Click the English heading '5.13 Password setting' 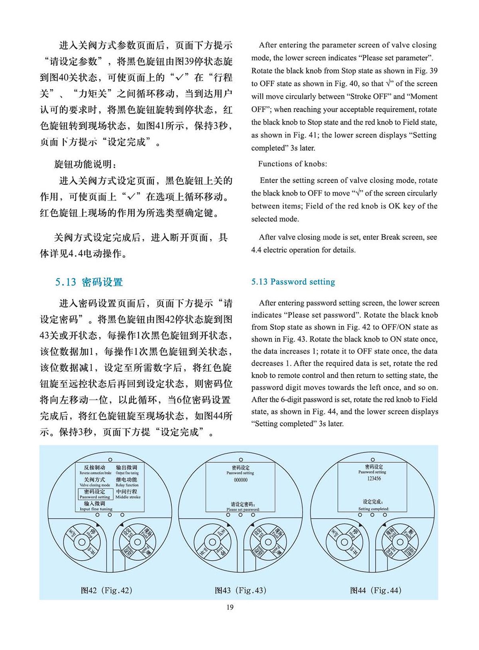293,282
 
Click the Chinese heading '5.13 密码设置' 89,282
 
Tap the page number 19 230,607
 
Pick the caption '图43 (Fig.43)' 240,590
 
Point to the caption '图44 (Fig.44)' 376,590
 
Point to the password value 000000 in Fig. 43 240,480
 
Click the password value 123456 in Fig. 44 374,478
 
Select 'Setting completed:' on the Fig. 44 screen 374,509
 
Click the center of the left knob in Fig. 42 82,542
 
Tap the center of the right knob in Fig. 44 399,542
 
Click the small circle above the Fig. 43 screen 241,460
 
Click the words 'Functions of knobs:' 292,164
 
